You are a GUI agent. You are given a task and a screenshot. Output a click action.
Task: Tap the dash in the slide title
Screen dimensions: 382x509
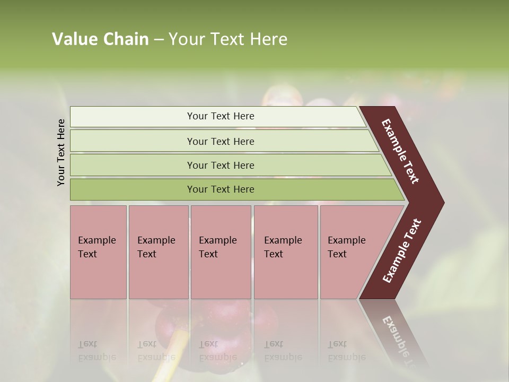coord(159,40)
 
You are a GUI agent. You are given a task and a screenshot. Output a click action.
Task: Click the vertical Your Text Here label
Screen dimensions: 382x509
coord(61,152)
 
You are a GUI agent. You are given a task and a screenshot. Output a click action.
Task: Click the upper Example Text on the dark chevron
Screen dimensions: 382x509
coord(400,151)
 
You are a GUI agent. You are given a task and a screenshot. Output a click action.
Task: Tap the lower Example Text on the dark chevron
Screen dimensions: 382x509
coord(401,251)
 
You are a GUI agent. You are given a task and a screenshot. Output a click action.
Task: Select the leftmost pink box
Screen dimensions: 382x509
coord(98,252)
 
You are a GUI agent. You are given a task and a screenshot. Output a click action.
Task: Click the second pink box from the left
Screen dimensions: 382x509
coord(158,252)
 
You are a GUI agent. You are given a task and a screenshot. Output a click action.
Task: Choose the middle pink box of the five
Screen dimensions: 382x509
coord(221,252)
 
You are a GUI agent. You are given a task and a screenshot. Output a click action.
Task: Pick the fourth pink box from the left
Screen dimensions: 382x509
coord(286,252)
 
